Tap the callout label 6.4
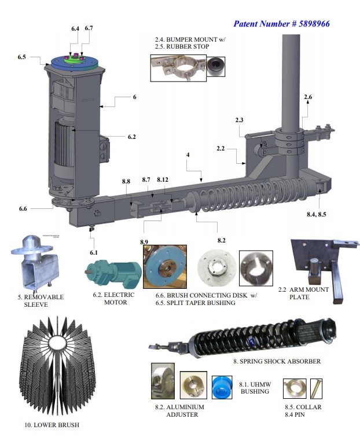75,28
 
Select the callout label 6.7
89,28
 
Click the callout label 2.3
240,120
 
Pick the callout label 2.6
308,97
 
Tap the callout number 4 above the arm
188,156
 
